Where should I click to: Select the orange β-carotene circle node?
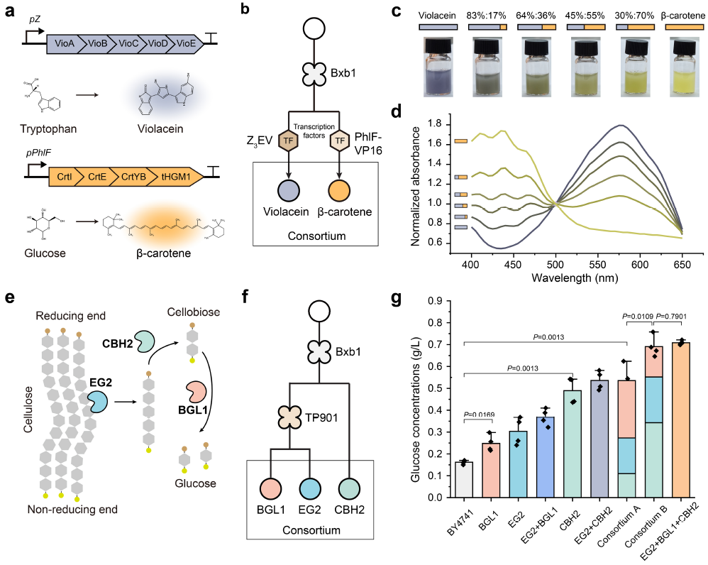click(x=340, y=193)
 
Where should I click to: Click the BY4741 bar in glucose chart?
click(x=465, y=482)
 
